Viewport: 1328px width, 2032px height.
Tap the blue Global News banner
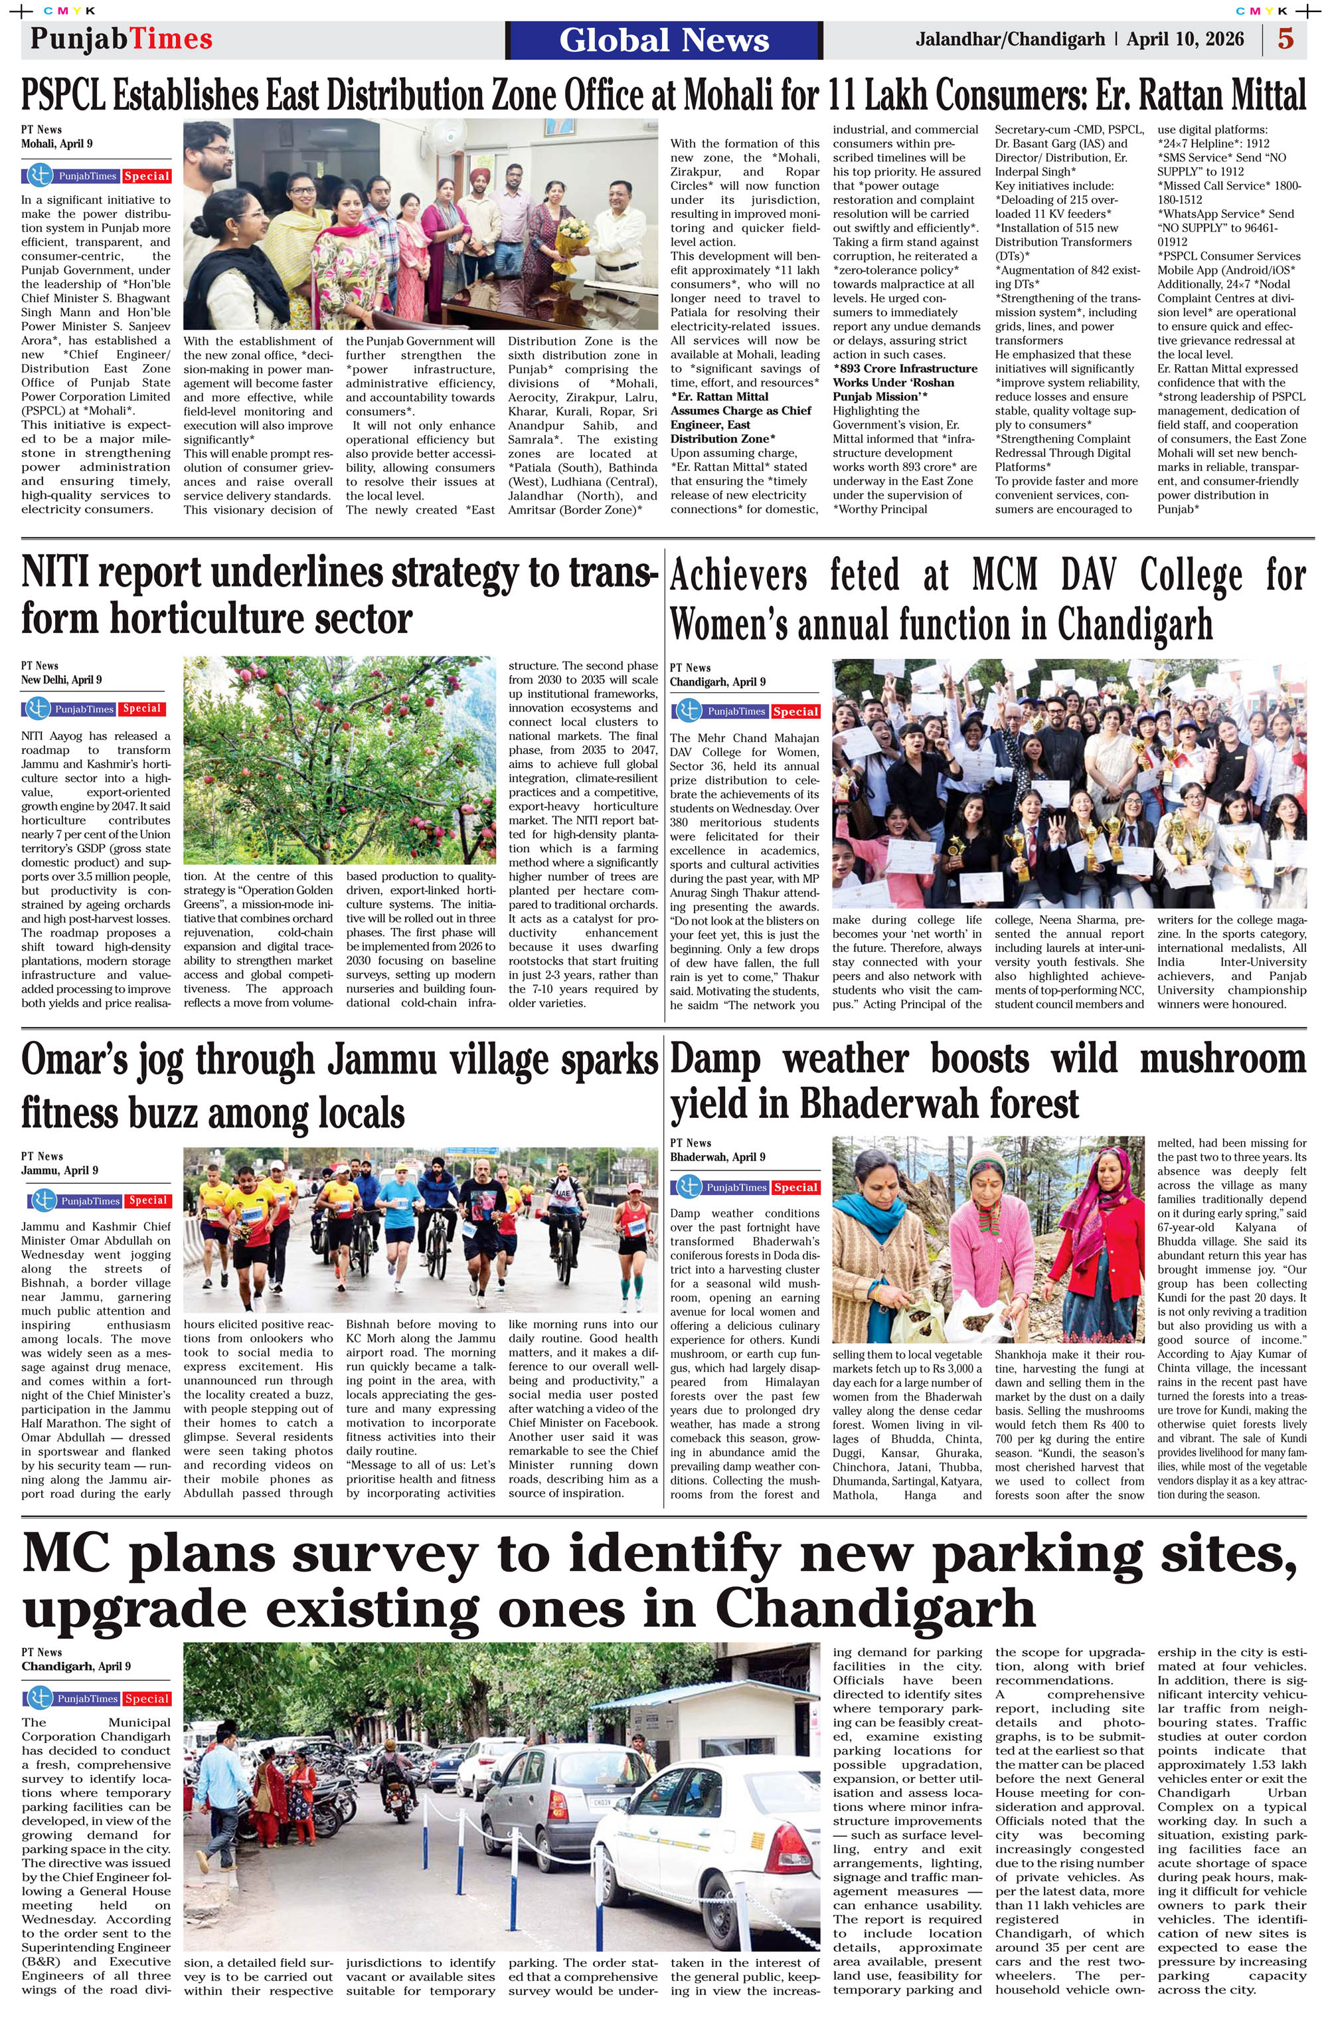[664, 40]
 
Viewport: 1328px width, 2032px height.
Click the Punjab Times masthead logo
[122, 39]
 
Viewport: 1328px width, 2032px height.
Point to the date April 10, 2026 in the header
[1185, 39]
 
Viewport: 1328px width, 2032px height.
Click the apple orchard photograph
[339, 760]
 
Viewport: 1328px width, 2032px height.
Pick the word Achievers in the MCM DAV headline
[738, 575]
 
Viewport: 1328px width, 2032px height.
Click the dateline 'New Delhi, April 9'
[62, 680]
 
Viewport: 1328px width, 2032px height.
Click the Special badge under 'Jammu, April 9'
[147, 1200]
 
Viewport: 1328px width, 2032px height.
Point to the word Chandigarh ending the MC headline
[874, 1610]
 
